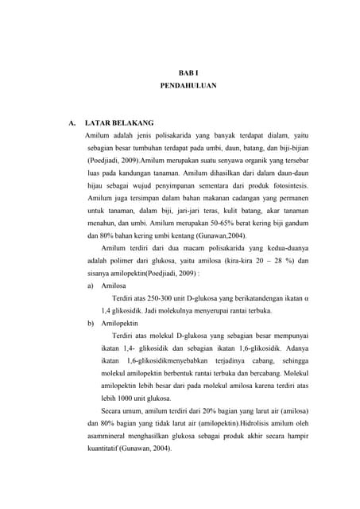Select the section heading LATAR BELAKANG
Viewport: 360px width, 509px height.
(x=119, y=123)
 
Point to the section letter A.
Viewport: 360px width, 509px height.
(x=72, y=123)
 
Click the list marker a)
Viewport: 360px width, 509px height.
(x=91, y=285)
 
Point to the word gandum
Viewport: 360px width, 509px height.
(x=294, y=223)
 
